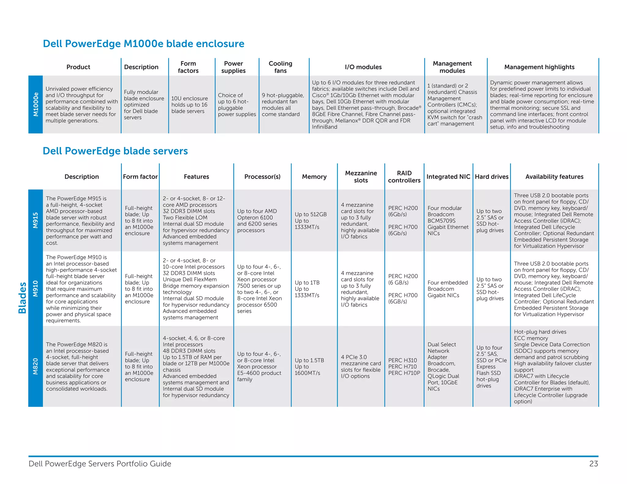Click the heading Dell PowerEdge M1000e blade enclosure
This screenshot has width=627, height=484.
click(x=143, y=44)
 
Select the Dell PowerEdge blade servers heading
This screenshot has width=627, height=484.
click(x=115, y=151)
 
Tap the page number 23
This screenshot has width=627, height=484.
click(x=593, y=464)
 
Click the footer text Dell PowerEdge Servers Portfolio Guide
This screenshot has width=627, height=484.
click(x=100, y=464)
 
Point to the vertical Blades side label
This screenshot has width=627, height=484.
click(x=22, y=298)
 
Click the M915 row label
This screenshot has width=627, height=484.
click(x=36, y=220)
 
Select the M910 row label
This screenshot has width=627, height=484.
click(x=36, y=289)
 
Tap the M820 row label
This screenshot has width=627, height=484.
click(x=36, y=366)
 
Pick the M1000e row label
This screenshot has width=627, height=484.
click(x=36, y=104)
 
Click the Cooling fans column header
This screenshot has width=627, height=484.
click(x=280, y=67)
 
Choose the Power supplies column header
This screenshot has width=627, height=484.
click(x=233, y=67)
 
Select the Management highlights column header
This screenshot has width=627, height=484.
click(x=539, y=67)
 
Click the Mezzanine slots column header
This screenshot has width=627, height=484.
click(x=361, y=177)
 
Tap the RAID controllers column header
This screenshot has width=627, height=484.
click(x=404, y=177)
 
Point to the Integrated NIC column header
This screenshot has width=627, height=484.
click(x=448, y=177)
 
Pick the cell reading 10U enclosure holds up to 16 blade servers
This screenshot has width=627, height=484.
click(x=189, y=105)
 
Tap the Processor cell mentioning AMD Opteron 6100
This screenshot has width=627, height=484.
click(x=257, y=221)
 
